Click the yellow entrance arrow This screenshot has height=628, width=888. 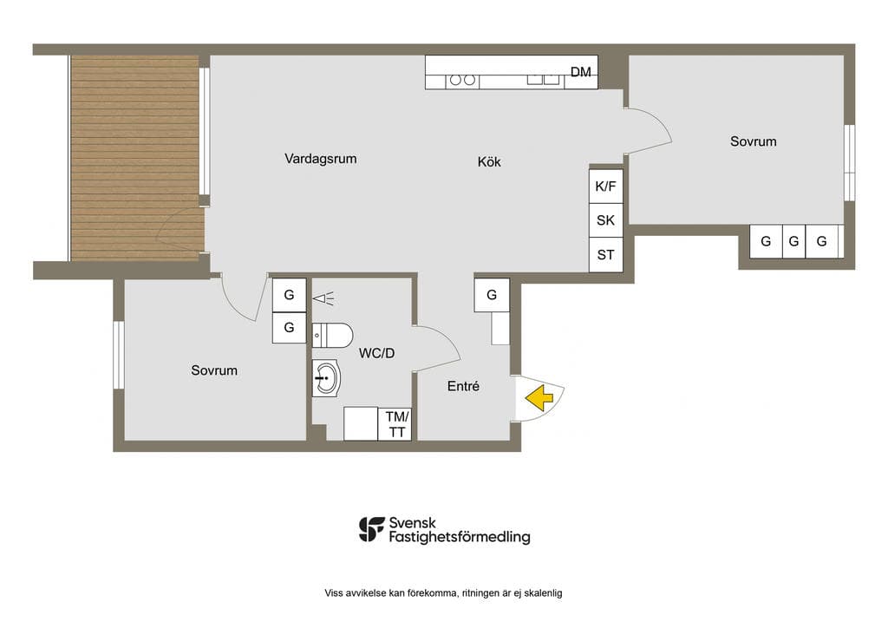[539, 397]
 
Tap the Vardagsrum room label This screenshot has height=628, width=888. [321, 159]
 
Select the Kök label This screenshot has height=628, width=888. [489, 162]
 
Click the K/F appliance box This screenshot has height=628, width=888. [606, 186]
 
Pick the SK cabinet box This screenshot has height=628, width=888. [606, 220]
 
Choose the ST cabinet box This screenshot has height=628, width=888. [606, 255]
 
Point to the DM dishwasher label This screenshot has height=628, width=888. [580, 72]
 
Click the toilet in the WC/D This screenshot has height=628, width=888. [332, 335]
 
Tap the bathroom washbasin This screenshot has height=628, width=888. [326, 377]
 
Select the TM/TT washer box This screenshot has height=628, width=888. [395, 424]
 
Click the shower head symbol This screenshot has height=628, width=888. [323, 298]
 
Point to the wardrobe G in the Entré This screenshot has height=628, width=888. [492, 295]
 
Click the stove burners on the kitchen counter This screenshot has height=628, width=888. [462, 80]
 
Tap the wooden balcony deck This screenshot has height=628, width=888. [134, 158]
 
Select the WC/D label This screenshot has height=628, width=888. [376, 353]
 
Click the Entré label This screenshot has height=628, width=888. [463, 386]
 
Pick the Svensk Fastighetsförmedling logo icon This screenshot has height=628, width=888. [371, 529]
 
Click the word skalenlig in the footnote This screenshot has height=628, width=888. [543, 593]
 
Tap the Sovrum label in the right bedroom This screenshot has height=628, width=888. [754, 141]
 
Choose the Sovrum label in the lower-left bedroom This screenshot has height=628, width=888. [214, 370]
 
